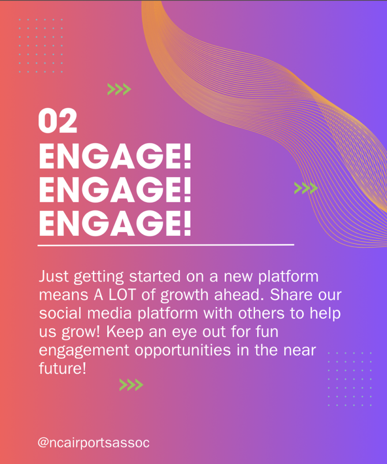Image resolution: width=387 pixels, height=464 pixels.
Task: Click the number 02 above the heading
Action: coord(57,121)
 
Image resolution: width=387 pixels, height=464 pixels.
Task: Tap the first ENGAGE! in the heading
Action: coord(115,156)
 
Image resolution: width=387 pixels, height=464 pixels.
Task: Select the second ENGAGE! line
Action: coord(115,190)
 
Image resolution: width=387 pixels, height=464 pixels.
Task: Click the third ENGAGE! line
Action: coord(115,223)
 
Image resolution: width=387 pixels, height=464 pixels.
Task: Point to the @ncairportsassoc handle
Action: coord(93,443)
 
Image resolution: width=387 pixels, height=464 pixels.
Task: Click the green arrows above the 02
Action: coord(119,89)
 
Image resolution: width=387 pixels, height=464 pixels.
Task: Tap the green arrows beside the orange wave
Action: coord(306,188)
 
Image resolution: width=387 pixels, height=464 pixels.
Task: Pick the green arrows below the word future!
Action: coord(131,385)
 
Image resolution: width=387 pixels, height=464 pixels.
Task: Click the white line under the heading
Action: coord(166,245)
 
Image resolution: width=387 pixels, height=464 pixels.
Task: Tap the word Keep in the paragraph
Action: coord(125,332)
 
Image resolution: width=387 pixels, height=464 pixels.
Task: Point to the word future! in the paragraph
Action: coord(62,368)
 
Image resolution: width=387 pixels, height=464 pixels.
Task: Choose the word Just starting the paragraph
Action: coord(54,276)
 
